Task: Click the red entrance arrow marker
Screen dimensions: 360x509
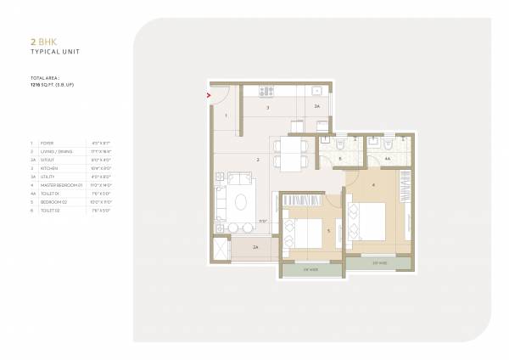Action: pyautogui.click(x=209, y=96)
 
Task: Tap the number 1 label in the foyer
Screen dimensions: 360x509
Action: pyautogui.click(x=226, y=115)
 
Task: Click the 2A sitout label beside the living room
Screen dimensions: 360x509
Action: pyautogui.click(x=255, y=247)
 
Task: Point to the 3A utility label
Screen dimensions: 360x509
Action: pyautogui.click(x=316, y=107)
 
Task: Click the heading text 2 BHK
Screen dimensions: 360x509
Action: pyautogui.click(x=42, y=41)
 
